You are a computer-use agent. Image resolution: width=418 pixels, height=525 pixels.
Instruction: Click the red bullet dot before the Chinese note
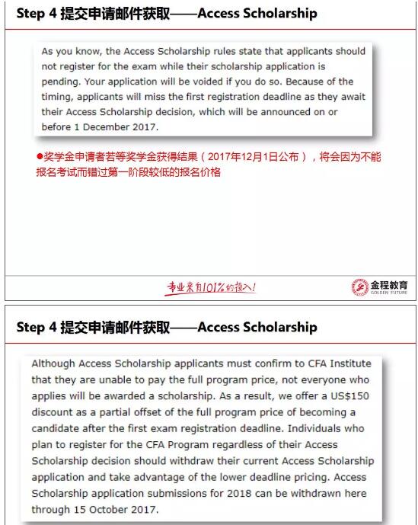pyautogui.click(x=40, y=157)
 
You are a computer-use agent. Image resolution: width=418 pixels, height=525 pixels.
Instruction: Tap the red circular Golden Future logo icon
pyautogui.click(x=359, y=287)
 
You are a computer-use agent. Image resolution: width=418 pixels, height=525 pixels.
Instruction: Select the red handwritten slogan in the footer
pyautogui.click(x=212, y=287)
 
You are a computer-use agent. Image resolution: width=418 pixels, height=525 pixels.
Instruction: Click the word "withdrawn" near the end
pyautogui.click(x=308, y=493)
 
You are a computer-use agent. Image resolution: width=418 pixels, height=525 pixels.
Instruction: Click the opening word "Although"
pyautogui.click(x=52, y=364)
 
